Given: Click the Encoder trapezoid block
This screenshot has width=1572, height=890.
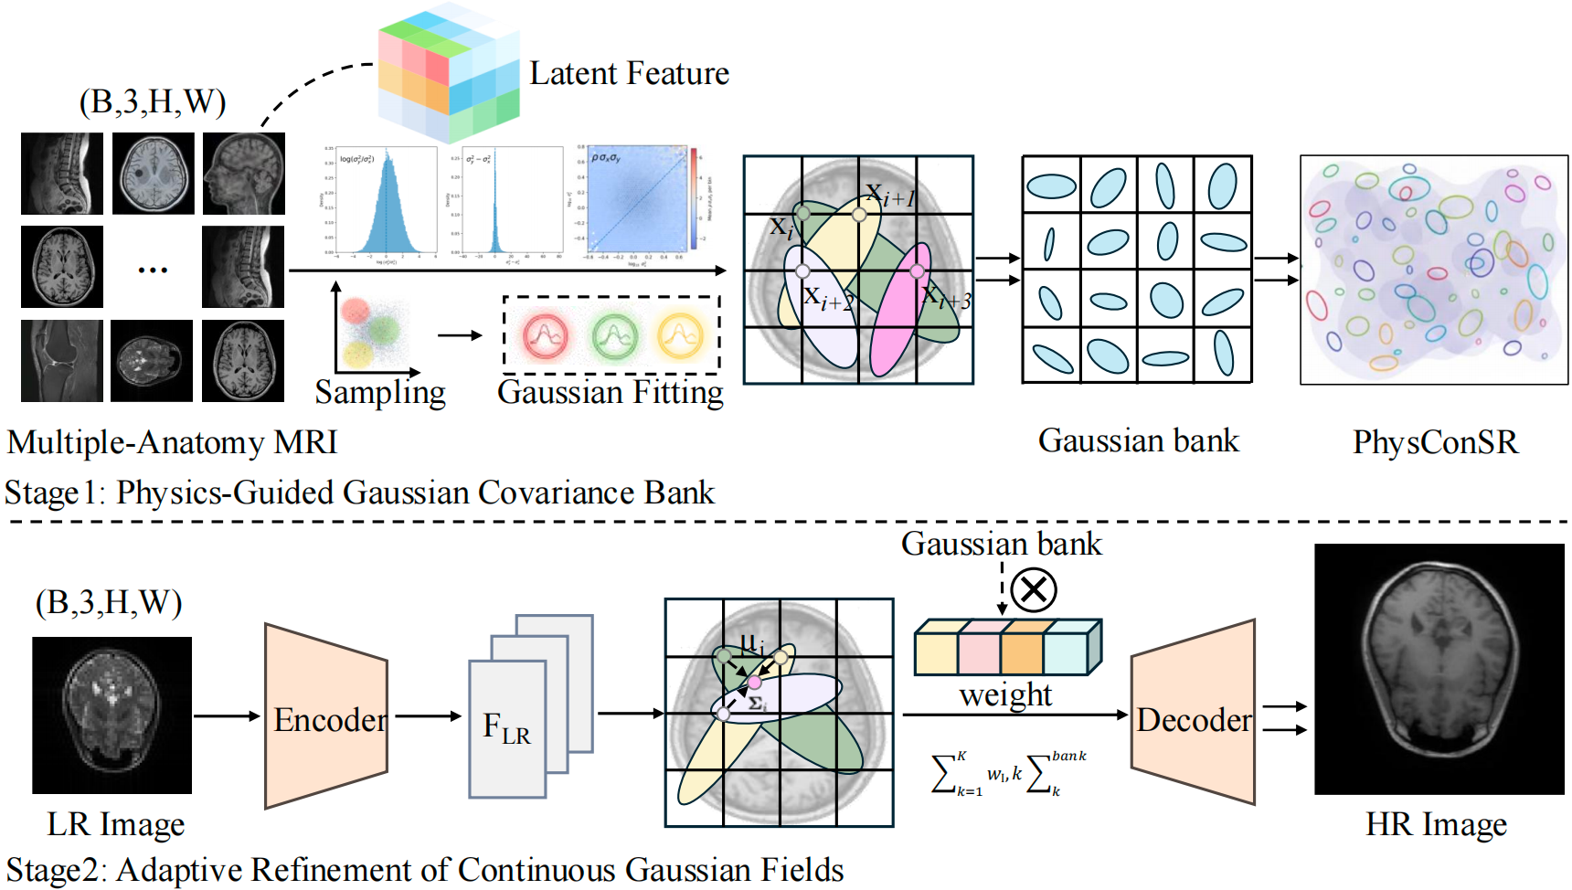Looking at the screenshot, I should pyautogui.click(x=326, y=717).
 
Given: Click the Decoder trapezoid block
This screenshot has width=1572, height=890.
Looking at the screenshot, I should pyautogui.click(x=1193, y=717).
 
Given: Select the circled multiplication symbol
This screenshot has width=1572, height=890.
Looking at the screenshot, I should pyautogui.click(x=1034, y=589).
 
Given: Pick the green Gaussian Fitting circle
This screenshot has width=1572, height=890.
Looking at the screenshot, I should pyautogui.click(x=613, y=335).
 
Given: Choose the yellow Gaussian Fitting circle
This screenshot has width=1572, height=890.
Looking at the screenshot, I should pyautogui.click(x=680, y=335).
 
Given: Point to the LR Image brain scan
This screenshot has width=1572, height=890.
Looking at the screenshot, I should pyautogui.click(x=112, y=715).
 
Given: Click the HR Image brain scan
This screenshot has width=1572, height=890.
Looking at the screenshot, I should pyautogui.click(x=1439, y=669).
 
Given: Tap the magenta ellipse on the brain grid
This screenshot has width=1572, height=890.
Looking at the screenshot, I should pyautogui.click(x=900, y=311).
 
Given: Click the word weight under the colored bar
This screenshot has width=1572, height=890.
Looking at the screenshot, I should pyautogui.click(x=1005, y=694).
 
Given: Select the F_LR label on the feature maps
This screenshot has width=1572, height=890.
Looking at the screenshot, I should pyautogui.click(x=506, y=729).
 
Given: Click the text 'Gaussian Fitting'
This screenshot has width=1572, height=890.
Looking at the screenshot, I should pyautogui.click(x=610, y=392).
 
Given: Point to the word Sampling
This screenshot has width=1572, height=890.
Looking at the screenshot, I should pyautogui.click(x=380, y=392).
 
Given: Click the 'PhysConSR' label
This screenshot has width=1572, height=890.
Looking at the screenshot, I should pyautogui.click(x=1435, y=442).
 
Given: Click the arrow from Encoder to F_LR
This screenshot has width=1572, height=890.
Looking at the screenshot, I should pyautogui.click(x=428, y=716).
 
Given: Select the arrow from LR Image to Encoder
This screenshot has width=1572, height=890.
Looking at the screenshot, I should pyautogui.click(x=227, y=716).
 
